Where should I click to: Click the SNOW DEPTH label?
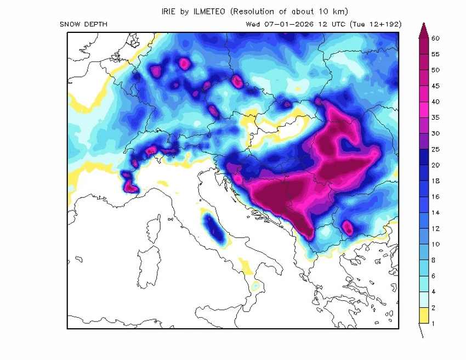point(83,24)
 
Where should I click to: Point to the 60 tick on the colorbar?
point(436,38)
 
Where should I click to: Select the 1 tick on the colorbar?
point(434,323)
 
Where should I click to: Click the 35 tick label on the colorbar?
point(436,117)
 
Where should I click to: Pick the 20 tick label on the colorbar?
point(436,165)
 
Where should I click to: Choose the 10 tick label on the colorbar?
point(436,244)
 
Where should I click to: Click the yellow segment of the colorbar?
point(423,316)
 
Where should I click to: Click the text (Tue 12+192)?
point(378,24)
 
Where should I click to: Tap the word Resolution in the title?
point(255,11)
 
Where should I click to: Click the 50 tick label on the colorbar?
point(436,70)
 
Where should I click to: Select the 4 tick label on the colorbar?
point(434,291)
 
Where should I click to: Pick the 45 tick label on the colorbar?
point(436,86)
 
